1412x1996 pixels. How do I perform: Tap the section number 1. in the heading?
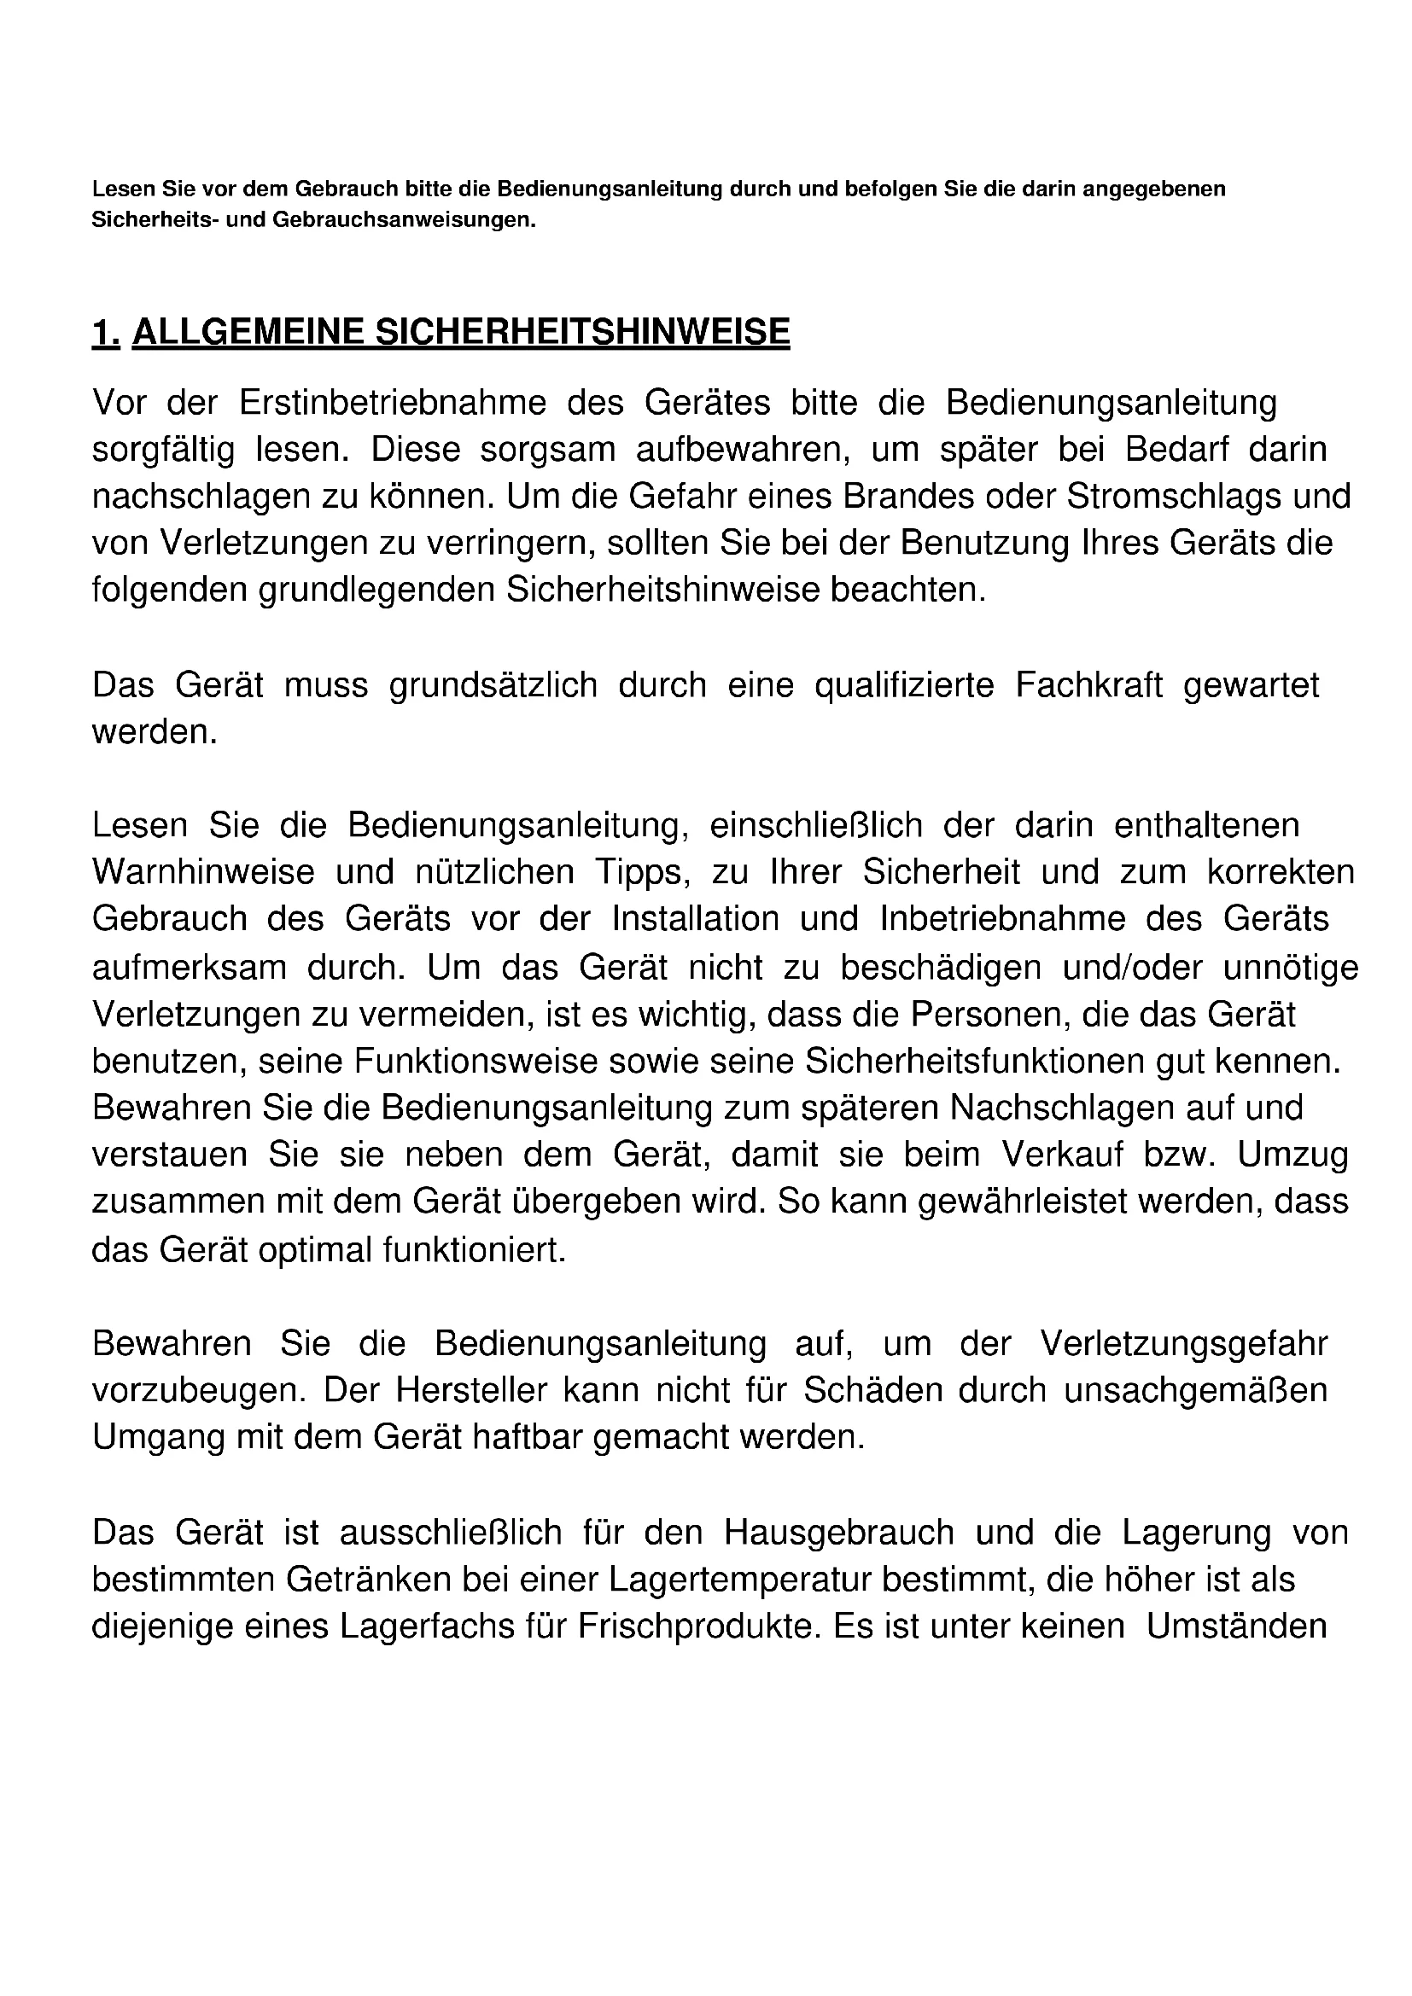click(x=105, y=333)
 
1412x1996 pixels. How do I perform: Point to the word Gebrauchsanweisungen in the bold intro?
click(x=404, y=220)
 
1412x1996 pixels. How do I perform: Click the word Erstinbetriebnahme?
click(x=392, y=404)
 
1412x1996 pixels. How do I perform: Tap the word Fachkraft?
click(x=1088, y=686)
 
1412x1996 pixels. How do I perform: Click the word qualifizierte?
click(x=904, y=686)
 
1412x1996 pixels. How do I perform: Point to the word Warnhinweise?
click(x=203, y=873)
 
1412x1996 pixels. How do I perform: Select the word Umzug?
click(x=1292, y=1155)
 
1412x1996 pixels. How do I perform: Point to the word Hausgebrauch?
click(x=839, y=1533)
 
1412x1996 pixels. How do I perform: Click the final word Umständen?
click(x=1236, y=1626)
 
